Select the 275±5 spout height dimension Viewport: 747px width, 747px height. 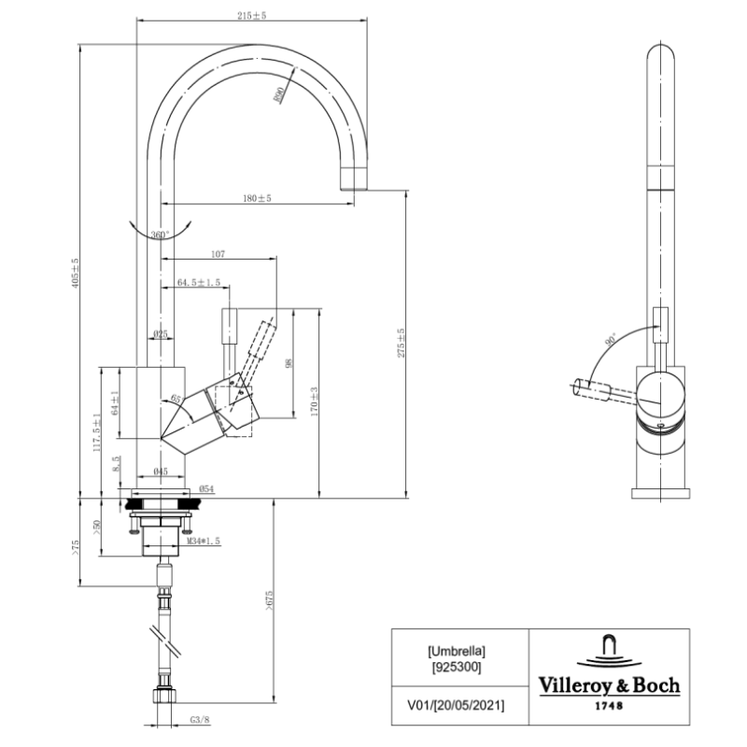pos(402,343)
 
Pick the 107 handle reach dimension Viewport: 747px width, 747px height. pos(218,254)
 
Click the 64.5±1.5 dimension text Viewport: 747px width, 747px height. pos(198,282)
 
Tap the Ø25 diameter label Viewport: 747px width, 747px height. pos(160,334)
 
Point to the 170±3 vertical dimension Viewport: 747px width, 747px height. pos(316,402)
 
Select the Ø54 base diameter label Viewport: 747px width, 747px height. pos(207,489)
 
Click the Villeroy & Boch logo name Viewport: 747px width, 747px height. pos(609,686)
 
